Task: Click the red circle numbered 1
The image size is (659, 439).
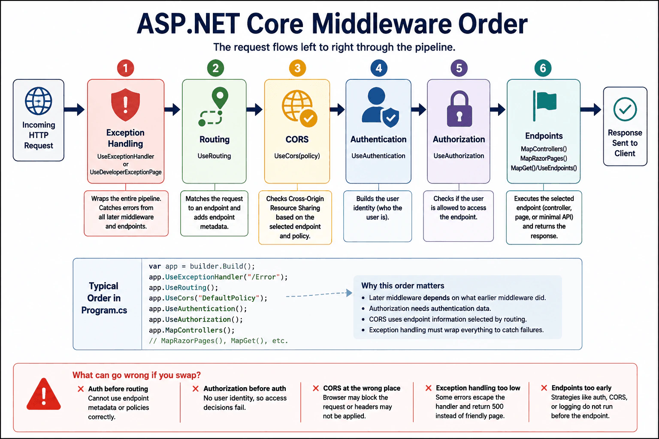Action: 126,68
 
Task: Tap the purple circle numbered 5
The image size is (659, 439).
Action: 459,68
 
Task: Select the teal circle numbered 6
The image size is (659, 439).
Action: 543,68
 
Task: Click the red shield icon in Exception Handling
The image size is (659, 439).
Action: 125,105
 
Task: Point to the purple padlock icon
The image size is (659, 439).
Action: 459,109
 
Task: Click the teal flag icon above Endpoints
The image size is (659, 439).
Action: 544,106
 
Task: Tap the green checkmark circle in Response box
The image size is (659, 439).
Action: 625,109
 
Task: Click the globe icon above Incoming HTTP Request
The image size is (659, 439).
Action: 39,101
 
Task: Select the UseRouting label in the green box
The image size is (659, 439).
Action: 214,156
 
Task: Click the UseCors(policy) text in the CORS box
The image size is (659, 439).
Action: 297,156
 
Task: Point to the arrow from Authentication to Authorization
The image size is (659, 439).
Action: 419,109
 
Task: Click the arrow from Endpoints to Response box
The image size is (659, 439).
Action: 591,109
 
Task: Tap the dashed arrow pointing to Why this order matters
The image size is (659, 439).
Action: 319,295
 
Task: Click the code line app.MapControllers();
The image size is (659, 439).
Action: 191,330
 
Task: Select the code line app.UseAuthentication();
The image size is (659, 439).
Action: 198,308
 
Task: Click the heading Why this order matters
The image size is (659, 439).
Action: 402,286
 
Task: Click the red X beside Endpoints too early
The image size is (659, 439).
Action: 544,388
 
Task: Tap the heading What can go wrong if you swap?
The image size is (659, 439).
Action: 136,375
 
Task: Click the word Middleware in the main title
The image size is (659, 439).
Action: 381,24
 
